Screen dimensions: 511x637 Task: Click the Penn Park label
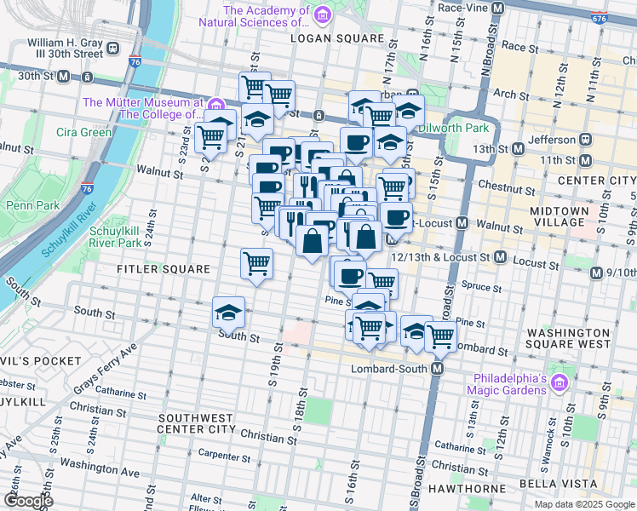[x=32, y=205]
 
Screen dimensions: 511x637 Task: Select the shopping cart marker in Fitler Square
[x=256, y=263]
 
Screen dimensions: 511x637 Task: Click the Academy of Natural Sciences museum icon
[x=321, y=14]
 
